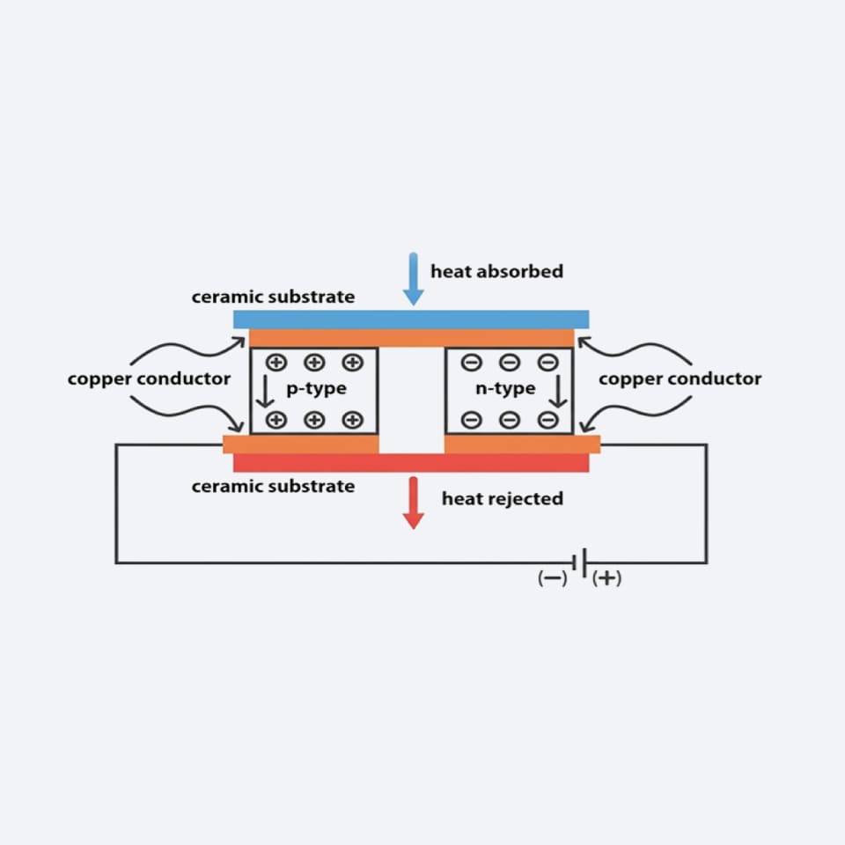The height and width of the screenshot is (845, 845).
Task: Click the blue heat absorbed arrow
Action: click(x=413, y=278)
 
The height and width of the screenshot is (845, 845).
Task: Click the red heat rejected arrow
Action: click(x=413, y=503)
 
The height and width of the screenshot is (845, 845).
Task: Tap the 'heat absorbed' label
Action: click(x=496, y=271)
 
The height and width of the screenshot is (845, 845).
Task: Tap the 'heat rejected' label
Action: click(x=502, y=499)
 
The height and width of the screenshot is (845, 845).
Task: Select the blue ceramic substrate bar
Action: click(x=411, y=319)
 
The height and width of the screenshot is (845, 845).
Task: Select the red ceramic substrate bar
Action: click(x=411, y=463)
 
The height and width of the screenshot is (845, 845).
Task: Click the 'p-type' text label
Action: click(x=316, y=388)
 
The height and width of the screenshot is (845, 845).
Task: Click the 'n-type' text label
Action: click(x=505, y=388)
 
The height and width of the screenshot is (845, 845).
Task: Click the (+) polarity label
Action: click(x=607, y=578)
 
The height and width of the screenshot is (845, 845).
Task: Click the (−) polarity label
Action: click(x=553, y=578)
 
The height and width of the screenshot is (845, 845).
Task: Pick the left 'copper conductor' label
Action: click(x=149, y=378)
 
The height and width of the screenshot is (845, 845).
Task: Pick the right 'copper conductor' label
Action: click(x=680, y=378)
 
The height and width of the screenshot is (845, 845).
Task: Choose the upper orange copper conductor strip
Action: click(x=411, y=338)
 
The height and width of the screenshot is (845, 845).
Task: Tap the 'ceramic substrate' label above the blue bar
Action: click(x=273, y=297)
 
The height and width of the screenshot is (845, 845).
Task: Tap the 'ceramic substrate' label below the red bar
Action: click(x=273, y=486)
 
